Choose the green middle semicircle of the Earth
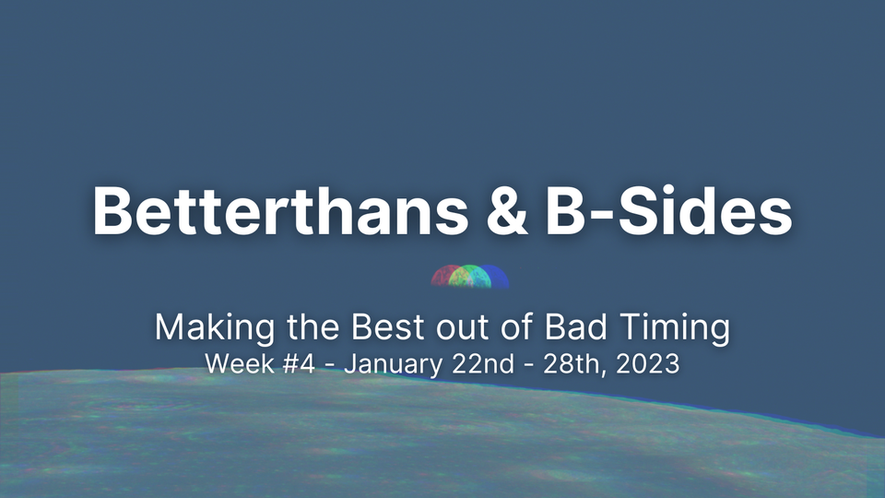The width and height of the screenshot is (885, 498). point(470,278)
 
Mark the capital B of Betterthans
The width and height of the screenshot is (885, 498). point(112,210)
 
